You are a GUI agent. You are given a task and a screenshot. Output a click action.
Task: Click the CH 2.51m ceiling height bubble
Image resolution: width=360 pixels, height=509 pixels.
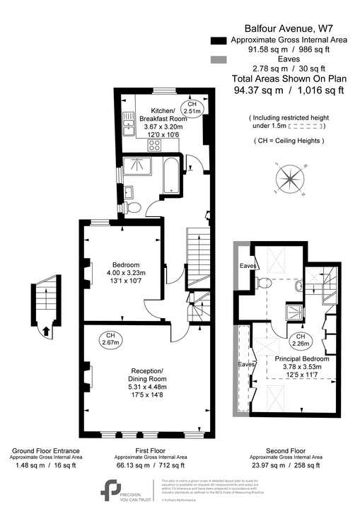192,107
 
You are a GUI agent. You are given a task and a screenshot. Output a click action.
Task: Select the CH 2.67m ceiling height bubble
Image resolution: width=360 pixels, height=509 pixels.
110,339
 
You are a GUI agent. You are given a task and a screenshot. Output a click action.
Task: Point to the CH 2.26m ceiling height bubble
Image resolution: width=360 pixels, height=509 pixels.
301,340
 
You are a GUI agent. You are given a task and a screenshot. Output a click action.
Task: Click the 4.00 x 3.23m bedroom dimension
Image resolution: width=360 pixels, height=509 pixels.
125,273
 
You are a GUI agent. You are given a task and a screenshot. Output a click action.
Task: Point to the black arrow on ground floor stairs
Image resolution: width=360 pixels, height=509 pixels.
46,329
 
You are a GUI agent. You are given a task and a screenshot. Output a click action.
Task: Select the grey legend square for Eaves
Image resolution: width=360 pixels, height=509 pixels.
219,62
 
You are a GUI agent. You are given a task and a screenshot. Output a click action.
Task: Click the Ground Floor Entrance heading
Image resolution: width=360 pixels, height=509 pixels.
45,450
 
